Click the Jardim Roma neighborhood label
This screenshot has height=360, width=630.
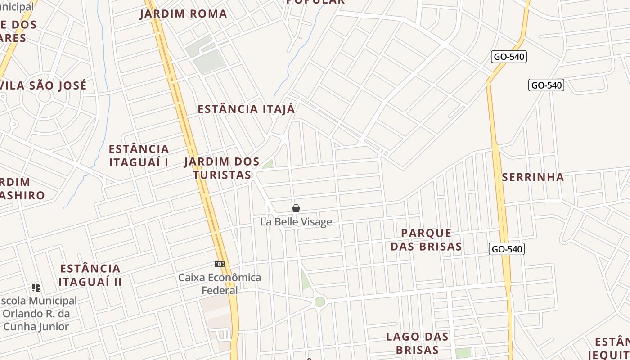184,13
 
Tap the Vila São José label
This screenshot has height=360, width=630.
44,85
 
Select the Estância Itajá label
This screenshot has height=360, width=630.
247,109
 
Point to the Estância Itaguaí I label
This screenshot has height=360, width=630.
139,155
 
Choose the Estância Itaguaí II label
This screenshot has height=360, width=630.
90,275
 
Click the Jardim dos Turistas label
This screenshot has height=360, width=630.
222,168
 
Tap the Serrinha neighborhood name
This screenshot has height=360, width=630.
533,177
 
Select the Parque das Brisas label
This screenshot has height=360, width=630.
426,239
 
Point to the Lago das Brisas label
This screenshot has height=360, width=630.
417,343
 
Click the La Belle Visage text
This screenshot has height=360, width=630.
296,222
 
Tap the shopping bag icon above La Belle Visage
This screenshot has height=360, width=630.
296,208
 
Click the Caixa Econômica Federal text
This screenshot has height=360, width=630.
220,283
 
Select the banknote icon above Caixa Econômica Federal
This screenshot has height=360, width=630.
220,264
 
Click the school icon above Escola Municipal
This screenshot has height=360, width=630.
36,287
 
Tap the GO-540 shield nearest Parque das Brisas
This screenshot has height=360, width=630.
507,249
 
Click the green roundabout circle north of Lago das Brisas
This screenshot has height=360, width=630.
319,301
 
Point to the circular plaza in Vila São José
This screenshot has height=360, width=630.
45,96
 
